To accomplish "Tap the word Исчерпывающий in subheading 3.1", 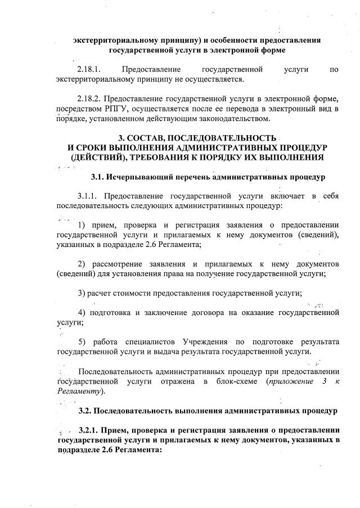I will coord(136,178).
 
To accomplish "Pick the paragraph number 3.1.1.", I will coord(89,196).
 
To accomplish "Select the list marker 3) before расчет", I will coord(82,293).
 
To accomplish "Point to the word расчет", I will coord(102,293).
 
